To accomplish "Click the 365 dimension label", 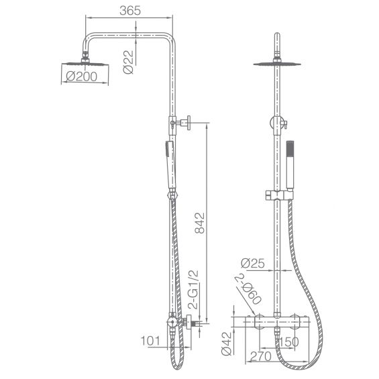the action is point(130,11).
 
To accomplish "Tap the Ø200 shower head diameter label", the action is point(81,76).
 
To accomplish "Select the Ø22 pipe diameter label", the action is point(128,62).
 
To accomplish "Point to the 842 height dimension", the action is point(200,223).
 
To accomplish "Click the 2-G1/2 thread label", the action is point(193,290).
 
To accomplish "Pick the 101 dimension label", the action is point(150,341).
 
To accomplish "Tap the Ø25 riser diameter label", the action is point(253,263).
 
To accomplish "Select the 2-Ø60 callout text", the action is point(248,288).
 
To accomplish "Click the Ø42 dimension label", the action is point(227,343).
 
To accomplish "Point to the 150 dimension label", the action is point(289,342).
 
